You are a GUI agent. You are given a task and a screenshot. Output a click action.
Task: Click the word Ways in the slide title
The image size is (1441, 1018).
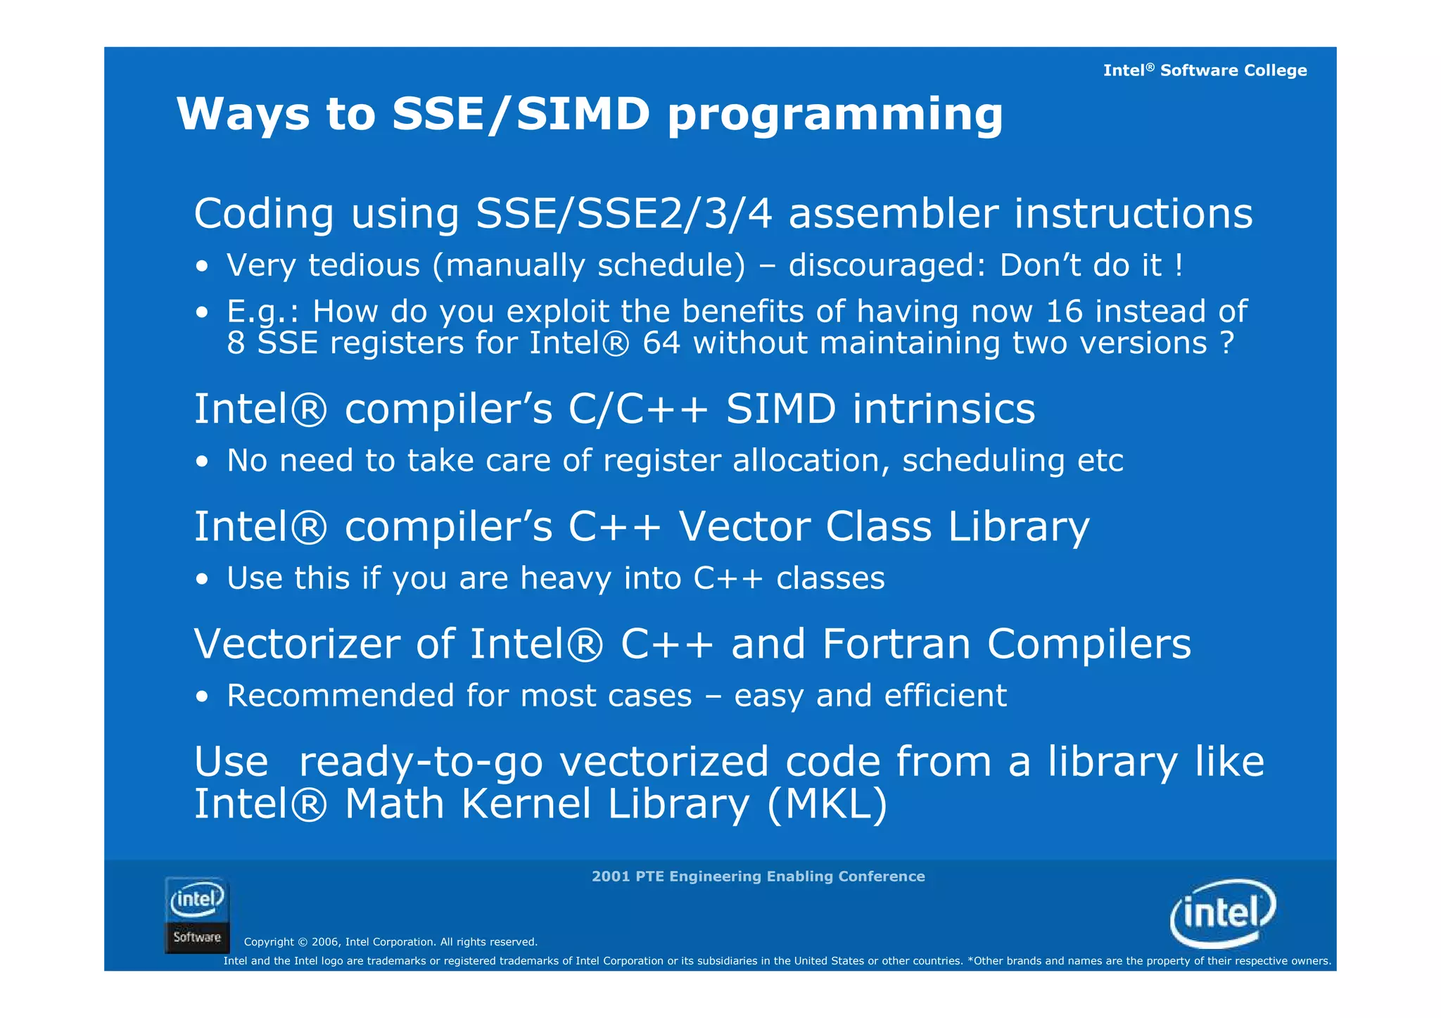click(243, 114)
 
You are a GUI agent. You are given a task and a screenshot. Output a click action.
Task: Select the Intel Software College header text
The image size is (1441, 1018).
click(1205, 70)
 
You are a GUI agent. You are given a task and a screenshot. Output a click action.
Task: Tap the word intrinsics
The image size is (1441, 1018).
click(944, 409)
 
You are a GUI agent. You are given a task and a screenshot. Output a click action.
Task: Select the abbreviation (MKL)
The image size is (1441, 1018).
click(827, 804)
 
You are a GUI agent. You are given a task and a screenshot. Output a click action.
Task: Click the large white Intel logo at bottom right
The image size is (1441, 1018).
click(1223, 913)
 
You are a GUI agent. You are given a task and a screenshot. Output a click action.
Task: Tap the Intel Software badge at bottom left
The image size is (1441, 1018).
click(197, 915)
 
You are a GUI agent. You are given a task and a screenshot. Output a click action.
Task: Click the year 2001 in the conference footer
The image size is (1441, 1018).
click(611, 877)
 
